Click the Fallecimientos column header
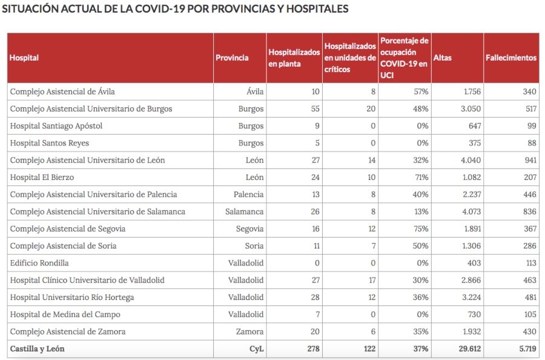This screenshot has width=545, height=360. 511,58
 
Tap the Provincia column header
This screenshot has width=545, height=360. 232,58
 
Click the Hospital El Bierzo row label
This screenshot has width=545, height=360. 42,178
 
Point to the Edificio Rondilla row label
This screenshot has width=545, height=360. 39,263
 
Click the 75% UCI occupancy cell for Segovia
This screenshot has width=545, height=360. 421,229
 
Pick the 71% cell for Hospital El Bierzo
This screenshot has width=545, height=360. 421,178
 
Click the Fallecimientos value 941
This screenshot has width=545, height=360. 529,161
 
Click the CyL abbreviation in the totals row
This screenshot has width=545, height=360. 256,349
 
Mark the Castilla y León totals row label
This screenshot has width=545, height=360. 38,349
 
